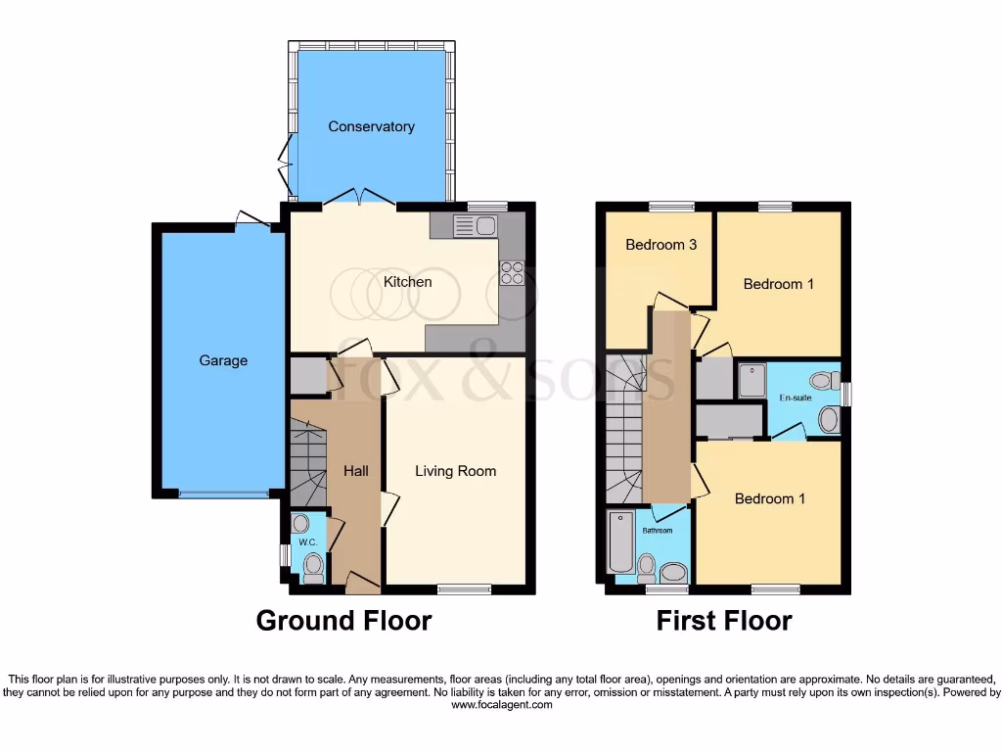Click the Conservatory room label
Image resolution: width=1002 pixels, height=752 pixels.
tap(371, 126)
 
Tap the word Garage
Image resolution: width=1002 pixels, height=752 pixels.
tap(223, 360)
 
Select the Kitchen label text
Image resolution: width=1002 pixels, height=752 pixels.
tap(407, 282)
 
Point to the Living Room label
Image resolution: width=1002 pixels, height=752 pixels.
tap(455, 471)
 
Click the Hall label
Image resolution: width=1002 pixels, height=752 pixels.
tap(356, 471)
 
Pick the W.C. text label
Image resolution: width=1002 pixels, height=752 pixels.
tap(306, 541)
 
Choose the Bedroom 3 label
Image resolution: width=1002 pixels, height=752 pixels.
tap(661, 245)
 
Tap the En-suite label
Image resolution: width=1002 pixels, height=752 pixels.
tap(794, 399)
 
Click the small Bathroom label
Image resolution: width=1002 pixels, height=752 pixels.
tap(657, 531)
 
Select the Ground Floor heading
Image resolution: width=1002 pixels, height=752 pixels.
tap(343, 621)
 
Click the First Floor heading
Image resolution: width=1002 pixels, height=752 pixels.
tap(723, 621)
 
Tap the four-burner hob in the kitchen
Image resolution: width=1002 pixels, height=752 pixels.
tap(512, 271)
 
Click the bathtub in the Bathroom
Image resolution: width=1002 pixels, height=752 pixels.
tap(620, 541)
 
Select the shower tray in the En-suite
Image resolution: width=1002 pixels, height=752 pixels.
tap(751, 381)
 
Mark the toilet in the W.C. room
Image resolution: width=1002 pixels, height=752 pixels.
tap(313, 566)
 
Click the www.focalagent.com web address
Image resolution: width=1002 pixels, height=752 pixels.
tap(501, 704)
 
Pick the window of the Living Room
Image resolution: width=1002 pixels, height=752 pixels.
tap(464, 589)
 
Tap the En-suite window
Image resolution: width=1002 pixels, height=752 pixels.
tap(846, 394)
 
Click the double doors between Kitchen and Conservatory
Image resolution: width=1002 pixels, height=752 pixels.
tap(359, 200)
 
